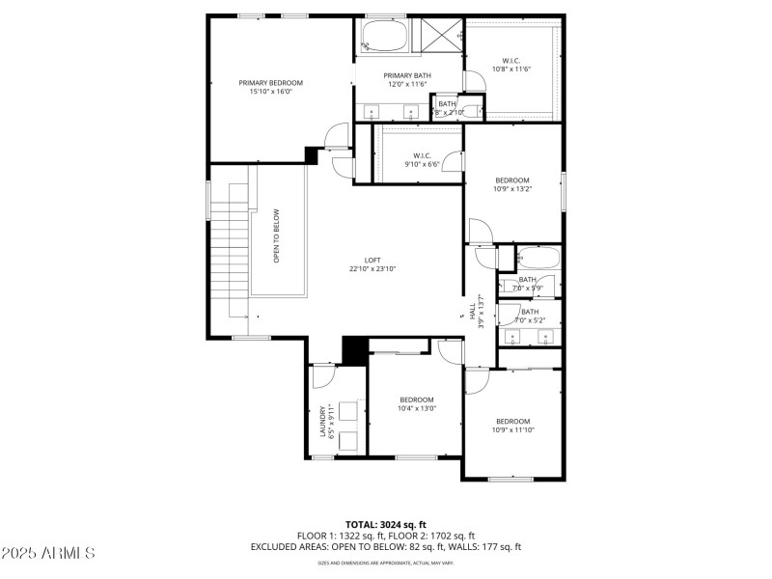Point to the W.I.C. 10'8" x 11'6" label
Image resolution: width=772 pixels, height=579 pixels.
point(511,65)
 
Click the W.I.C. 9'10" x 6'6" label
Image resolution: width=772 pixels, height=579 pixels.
point(421,159)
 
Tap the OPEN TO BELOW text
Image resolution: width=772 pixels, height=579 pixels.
point(277,235)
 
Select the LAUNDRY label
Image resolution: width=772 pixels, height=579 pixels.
point(324,420)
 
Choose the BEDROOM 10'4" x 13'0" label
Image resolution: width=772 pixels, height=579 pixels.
point(417,403)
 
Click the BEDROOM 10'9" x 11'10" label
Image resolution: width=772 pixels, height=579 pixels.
point(513,425)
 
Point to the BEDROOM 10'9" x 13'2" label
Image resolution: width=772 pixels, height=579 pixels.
point(512,184)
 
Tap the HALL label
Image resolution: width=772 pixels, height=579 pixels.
point(474,310)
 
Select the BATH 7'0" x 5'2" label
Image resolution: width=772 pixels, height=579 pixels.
point(530,316)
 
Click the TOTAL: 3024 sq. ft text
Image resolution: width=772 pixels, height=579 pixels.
point(385,524)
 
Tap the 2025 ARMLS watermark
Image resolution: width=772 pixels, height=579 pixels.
point(48,553)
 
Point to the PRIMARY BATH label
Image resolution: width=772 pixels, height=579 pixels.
point(407,79)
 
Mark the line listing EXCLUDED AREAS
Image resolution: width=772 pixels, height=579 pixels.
point(385,547)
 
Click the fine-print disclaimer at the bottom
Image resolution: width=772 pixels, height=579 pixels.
point(385,563)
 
